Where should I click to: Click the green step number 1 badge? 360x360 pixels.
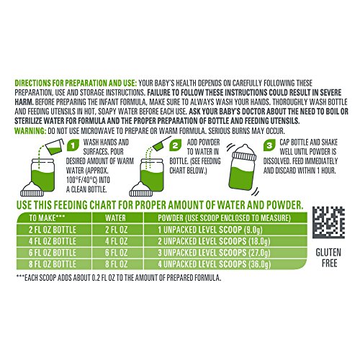(x=73, y=145)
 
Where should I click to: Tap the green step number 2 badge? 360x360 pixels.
(x=176, y=145)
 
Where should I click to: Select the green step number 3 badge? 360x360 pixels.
(x=269, y=145)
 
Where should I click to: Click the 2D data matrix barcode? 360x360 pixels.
(x=328, y=222)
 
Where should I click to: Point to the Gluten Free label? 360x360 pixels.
(x=328, y=258)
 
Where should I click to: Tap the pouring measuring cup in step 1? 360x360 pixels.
(x=55, y=147)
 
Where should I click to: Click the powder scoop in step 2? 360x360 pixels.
(x=161, y=143)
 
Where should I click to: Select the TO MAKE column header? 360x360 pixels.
(x=47, y=217)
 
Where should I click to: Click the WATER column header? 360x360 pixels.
(x=115, y=218)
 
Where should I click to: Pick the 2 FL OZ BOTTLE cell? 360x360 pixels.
(x=53, y=230)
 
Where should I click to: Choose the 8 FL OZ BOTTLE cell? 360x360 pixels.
(x=53, y=264)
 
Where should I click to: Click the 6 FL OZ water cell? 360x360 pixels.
(x=116, y=253)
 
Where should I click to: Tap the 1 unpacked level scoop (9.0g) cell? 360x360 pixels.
(x=210, y=230)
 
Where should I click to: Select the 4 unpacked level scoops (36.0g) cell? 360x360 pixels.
(x=215, y=264)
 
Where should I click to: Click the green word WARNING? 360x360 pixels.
(x=30, y=131)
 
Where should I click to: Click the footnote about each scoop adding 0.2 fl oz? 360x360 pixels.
(x=118, y=278)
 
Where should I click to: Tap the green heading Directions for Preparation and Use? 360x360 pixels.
(x=76, y=83)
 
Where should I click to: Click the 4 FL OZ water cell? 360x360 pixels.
(x=116, y=241)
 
